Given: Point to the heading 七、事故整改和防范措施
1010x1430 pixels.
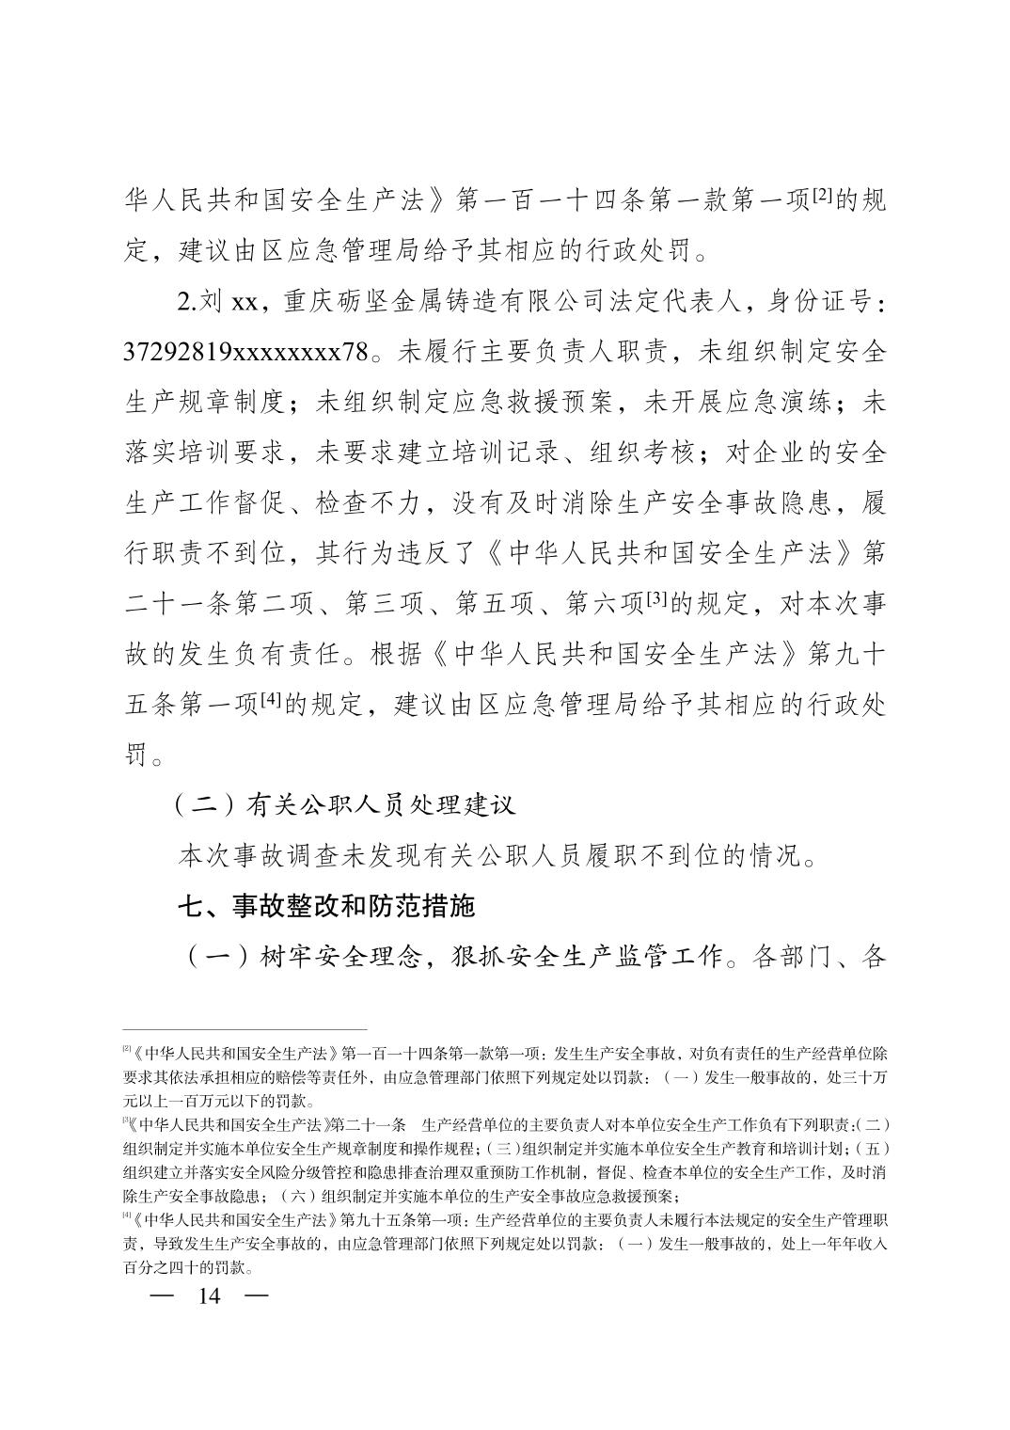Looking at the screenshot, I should (327, 906).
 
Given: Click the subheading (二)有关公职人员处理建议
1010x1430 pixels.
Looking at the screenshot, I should (344, 805).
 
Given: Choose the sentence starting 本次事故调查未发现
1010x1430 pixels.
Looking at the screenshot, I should (497, 856).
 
